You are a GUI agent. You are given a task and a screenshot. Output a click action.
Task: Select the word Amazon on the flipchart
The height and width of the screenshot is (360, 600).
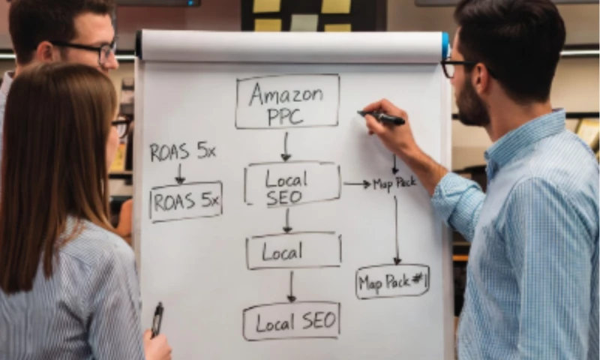287,94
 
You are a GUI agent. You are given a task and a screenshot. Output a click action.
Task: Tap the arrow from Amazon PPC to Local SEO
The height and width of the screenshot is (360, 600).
286,147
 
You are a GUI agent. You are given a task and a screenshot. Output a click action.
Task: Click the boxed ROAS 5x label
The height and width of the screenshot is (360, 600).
185,201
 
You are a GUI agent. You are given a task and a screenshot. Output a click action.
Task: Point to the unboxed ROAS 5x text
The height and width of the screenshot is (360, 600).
182,151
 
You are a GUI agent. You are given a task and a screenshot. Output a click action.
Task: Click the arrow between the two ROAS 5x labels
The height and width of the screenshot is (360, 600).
180,173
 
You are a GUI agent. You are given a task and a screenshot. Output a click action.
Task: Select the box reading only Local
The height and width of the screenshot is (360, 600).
293,250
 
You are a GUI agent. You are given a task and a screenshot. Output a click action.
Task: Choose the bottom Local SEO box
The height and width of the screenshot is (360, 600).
291,321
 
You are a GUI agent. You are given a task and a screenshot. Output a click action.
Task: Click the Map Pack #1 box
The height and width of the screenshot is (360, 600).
392,281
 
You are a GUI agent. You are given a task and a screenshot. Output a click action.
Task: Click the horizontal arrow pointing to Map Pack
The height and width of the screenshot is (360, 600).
357,184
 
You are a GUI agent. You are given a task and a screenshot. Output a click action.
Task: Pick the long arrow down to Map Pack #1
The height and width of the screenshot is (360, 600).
397,229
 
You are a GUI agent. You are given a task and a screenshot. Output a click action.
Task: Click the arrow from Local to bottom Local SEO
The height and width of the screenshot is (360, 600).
292,286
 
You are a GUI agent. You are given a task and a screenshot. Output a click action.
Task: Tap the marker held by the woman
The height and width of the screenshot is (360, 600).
157,319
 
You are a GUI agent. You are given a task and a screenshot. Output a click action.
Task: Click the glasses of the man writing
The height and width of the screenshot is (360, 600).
454,68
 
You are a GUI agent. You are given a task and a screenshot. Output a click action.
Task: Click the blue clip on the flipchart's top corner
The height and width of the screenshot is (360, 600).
445,44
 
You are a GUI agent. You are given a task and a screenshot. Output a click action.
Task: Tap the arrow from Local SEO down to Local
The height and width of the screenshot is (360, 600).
287,220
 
